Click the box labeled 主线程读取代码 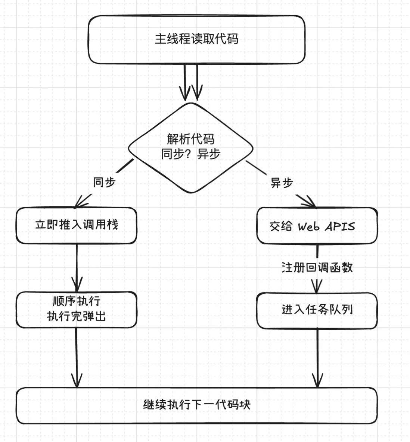[x=196, y=40]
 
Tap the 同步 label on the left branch [x=104, y=182]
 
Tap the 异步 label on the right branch [x=282, y=183]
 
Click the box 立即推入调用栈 [x=76, y=225]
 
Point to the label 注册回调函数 [x=317, y=267]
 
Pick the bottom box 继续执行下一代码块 [x=196, y=405]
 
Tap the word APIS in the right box [x=340, y=226]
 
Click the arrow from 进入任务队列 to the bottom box [x=317, y=358]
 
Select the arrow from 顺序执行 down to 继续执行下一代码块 [x=77, y=358]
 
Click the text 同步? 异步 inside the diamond [x=190, y=154]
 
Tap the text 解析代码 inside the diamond [x=190, y=139]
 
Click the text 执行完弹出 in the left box [x=76, y=316]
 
